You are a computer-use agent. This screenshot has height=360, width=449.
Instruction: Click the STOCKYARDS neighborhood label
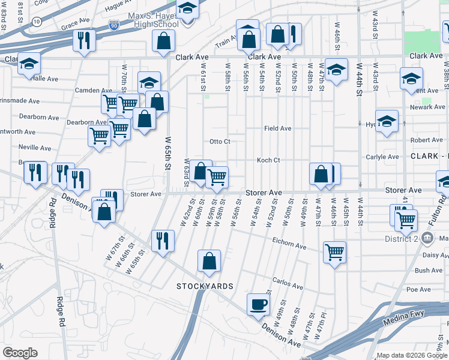pyautogui.click(x=205, y=286)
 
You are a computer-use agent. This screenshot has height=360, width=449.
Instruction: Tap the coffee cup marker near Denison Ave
pyautogui.click(x=259, y=304)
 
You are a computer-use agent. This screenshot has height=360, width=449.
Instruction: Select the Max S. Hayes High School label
pyautogui.click(x=153, y=20)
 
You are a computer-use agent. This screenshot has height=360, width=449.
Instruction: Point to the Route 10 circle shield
pyautogui.click(x=37, y=22)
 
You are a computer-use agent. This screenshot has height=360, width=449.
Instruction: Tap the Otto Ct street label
pyautogui.click(x=220, y=142)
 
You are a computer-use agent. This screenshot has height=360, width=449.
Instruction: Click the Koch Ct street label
pyautogui.click(x=268, y=160)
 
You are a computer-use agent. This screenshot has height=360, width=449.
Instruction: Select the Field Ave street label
pyautogui.click(x=278, y=128)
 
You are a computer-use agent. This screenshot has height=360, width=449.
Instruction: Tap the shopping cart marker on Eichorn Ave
pyautogui.click(x=334, y=251)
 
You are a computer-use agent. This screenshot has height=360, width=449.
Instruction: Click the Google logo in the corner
pyautogui.click(x=20, y=352)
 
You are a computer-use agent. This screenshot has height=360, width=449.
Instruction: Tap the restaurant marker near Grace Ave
pyautogui.click(x=83, y=40)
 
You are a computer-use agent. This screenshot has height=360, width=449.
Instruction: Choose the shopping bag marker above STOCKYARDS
pyautogui.click(x=209, y=260)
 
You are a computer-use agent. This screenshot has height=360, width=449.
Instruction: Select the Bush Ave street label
pyautogui.click(x=429, y=271)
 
